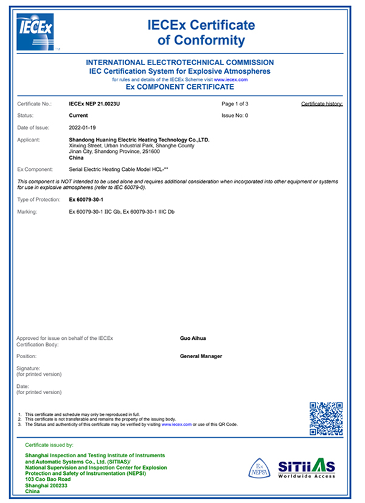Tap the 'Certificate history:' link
click(322, 104)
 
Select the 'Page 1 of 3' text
click(235, 104)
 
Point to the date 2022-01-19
click(84, 127)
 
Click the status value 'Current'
click(80, 115)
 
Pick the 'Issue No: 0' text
click(235, 115)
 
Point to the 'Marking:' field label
click(28, 211)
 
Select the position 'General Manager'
click(201, 356)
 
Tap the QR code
click(325, 418)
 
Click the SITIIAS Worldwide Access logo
click(307, 468)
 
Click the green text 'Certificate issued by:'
click(49, 445)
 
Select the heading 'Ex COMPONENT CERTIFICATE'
click(179, 87)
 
